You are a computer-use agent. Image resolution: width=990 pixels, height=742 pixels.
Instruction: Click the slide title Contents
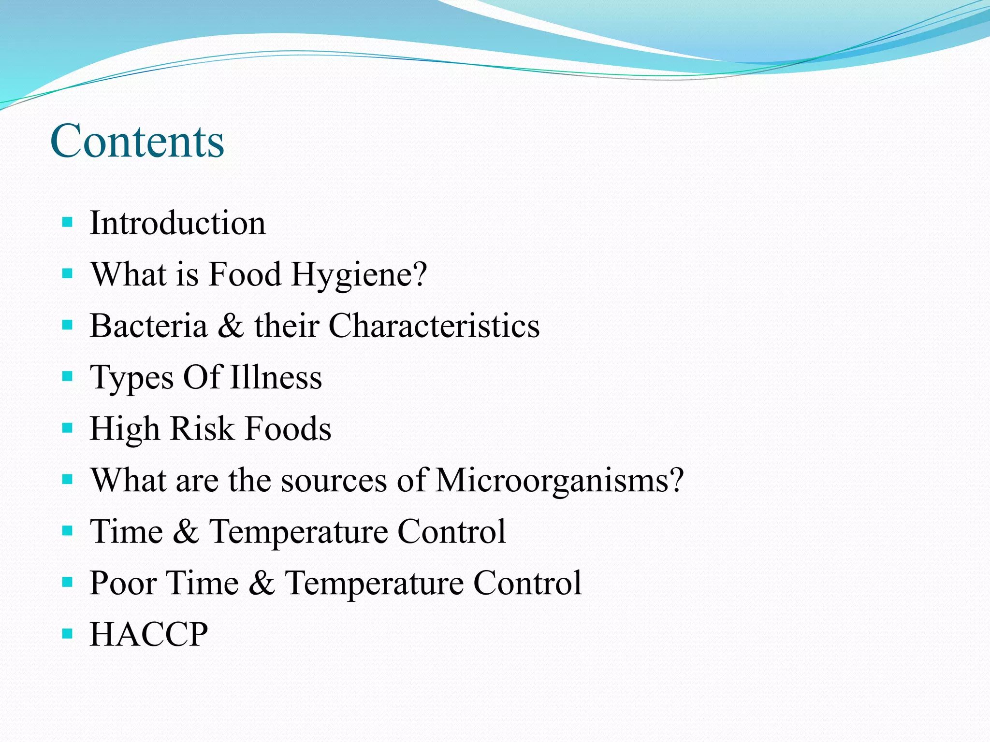pos(137,141)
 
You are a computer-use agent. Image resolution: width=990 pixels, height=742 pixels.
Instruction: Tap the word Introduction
pos(177,223)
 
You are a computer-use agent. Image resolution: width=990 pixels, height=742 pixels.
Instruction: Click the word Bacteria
pos(148,326)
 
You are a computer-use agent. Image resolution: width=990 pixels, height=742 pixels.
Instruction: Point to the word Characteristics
pos(434,326)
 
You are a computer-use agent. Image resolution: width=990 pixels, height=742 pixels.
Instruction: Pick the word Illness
pos(276,377)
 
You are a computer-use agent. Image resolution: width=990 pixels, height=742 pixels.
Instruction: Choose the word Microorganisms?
pos(559,480)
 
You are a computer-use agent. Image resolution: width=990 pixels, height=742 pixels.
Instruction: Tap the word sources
pos(334,480)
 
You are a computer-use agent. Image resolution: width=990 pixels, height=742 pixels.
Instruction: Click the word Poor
pos(123,583)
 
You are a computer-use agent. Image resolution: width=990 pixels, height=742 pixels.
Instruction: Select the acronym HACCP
pos(149,634)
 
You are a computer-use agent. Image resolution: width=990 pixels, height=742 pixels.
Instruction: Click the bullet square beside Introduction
pos(67,223)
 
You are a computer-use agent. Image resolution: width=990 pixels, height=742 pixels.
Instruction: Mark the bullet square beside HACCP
pos(67,633)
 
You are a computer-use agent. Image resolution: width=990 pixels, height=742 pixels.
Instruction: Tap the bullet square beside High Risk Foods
pos(67,428)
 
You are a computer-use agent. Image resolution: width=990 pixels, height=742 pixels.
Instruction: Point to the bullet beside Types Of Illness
pos(67,376)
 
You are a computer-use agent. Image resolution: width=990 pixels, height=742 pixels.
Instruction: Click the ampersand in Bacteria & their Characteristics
pos(231,326)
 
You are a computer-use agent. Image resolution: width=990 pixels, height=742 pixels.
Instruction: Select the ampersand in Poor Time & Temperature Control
pos(262,583)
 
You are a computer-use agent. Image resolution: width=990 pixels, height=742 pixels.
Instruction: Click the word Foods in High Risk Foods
pos(288,428)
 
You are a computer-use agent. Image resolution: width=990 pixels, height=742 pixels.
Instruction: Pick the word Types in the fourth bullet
pos(131,378)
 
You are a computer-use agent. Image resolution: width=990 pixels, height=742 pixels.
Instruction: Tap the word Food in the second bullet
pos(245,274)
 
